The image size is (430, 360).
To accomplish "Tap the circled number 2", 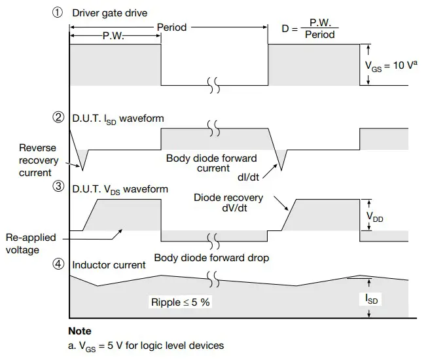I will point(59,118).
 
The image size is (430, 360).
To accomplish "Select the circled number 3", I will point(59,189).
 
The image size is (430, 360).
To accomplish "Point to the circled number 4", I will point(59,265).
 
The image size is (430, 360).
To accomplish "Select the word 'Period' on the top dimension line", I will point(171,27).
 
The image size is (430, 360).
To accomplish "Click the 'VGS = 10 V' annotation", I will point(391,65).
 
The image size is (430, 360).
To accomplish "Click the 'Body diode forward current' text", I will point(211,164).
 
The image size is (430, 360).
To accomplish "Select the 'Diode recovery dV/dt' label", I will point(228,203).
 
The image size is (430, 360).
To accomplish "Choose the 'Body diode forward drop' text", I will point(211,257).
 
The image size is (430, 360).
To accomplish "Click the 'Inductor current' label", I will point(109,265).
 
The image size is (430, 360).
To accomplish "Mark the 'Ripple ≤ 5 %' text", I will point(180,303).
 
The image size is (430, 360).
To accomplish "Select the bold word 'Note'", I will point(80,331).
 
